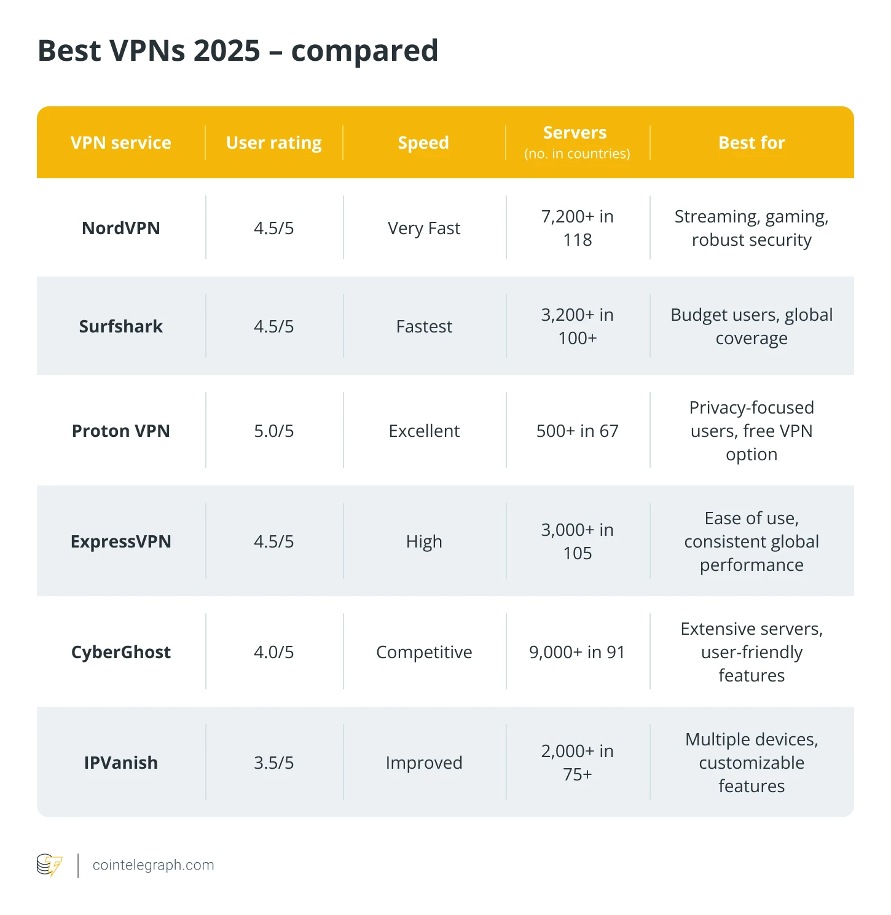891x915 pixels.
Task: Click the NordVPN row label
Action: pos(120,228)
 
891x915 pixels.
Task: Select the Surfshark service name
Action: pos(120,326)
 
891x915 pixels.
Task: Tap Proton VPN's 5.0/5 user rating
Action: pos(273,431)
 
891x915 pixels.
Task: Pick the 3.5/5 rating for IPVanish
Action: pos(273,763)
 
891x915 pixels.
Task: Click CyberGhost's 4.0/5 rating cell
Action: pos(273,652)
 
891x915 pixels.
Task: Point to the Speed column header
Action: pos(423,143)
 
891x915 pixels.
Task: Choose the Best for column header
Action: pos(752,143)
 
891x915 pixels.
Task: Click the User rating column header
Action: pos(273,143)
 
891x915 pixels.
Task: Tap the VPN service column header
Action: pos(120,143)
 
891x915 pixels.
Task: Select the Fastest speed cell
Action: pos(424,326)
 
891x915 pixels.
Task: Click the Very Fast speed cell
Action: pos(424,228)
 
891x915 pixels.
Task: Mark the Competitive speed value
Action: pos(424,652)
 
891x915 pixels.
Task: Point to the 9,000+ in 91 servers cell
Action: pos(577,652)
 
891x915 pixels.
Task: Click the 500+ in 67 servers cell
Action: pos(577,431)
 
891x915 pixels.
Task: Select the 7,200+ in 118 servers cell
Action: pos(577,228)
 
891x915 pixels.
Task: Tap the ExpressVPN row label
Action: pos(120,541)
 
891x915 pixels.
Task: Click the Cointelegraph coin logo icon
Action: pos(49,865)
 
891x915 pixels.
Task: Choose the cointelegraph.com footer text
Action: pos(153,865)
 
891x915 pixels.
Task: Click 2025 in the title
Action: pos(227,50)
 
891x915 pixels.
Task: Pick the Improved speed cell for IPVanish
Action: pos(424,763)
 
